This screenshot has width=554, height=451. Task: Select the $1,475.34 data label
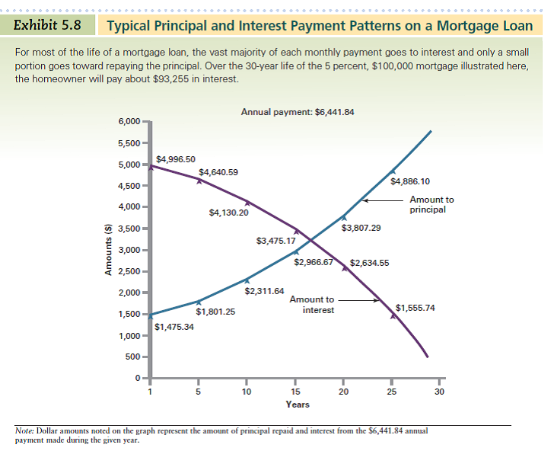click(x=174, y=327)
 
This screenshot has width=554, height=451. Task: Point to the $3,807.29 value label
click(x=361, y=228)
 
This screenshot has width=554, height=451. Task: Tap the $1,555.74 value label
click(x=415, y=308)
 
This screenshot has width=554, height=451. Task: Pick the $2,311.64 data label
click(x=264, y=291)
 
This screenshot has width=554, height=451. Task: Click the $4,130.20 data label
click(x=228, y=213)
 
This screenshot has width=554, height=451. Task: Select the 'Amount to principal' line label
click(x=431, y=204)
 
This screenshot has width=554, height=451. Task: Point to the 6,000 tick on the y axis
click(x=129, y=122)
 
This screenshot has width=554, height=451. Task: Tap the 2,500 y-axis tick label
click(x=129, y=272)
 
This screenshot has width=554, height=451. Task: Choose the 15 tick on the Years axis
click(x=295, y=392)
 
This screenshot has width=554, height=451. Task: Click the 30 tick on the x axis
click(x=439, y=392)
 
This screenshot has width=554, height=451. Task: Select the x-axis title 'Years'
click(x=297, y=405)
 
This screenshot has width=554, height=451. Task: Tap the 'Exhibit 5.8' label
click(x=48, y=24)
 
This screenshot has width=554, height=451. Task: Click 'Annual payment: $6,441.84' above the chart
click(x=297, y=112)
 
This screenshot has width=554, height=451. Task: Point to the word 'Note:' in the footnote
click(x=27, y=430)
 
